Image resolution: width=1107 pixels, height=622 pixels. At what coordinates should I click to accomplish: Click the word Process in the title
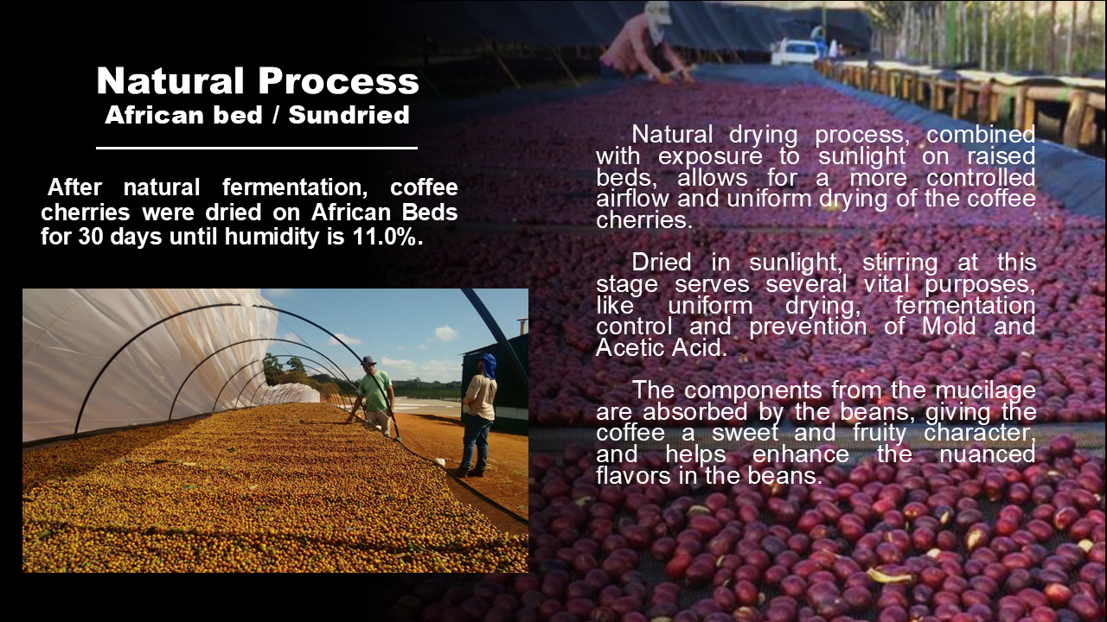pyautogui.click(x=338, y=80)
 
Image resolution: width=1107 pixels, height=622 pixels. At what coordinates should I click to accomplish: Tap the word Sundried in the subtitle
pyautogui.click(x=349, y=115)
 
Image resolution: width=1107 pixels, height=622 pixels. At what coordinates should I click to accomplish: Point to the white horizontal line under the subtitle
pyautogui.click(x=257, y=148)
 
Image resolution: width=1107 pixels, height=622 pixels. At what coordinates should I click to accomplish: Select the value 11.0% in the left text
pyautogui.click(x=388, y=237)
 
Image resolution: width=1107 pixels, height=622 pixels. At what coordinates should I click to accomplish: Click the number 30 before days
pyautogui.click(x=91, y=237)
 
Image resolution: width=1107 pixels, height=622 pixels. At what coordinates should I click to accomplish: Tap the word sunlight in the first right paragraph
pyautogui.click(x=862, y=157)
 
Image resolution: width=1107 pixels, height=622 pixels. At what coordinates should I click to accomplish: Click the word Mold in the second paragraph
pyautogui.click(x=949, y=327)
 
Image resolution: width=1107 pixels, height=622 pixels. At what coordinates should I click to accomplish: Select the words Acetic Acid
pyautogui.click(x=662, y=348)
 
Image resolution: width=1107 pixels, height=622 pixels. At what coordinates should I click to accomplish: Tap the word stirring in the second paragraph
pyautogui.click(x=900, y=263)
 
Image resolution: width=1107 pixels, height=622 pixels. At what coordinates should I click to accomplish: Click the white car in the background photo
pyautogui.click(x=795, y=52)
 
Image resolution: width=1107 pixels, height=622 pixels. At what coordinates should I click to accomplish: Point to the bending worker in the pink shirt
pyautogui.click(x=645, y=42)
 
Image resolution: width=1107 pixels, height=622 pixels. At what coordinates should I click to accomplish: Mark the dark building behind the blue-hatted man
pyautogui.click(x=494, y=383)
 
